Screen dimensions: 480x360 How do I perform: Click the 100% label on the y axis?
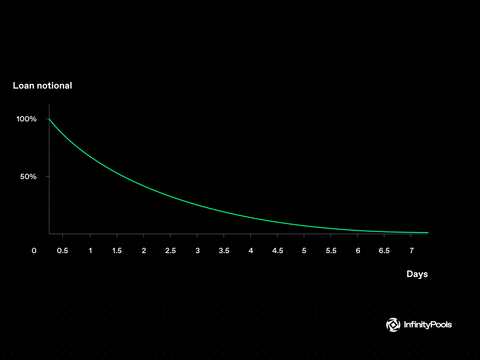(x=26, y=119)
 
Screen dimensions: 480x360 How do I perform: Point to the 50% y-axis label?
(x=28, y=176)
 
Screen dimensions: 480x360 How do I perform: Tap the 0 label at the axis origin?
(x=34, y=251)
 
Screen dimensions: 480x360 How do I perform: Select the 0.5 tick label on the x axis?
(x=62, y=251)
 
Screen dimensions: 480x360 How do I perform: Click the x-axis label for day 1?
(x=90, y=251)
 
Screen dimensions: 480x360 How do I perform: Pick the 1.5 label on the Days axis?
(x=117, y=251)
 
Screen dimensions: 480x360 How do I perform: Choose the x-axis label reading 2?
(x=144, y=251)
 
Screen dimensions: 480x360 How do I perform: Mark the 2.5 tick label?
(x=171, y=251)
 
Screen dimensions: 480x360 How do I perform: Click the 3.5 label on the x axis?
(x=224, y=251)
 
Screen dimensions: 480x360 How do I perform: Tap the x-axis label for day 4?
(x=251, y=251)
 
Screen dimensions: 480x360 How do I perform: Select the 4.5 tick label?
(x=277, y=251)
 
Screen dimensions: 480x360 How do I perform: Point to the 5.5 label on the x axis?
(x=331, y=251)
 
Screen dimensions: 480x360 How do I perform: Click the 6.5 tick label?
(x=384, y=251)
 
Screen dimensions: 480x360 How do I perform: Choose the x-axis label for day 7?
(x=412, y=251)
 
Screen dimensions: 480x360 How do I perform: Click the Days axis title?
(x=417, y=274)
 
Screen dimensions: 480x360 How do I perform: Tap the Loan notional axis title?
(x=43, y=85)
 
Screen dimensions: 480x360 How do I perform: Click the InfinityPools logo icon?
(x=393, y=325)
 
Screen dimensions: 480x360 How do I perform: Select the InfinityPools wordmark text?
(x=428, y=324)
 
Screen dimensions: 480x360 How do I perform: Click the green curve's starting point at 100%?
(x=49, y=119)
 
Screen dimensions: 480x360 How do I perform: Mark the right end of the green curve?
(x=428, y=232)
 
